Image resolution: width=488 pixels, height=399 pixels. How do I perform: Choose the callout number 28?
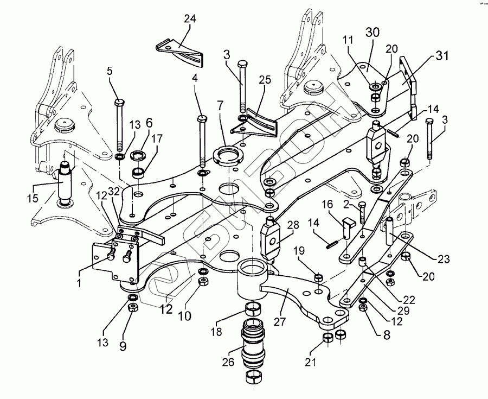[x=293, y=225]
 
